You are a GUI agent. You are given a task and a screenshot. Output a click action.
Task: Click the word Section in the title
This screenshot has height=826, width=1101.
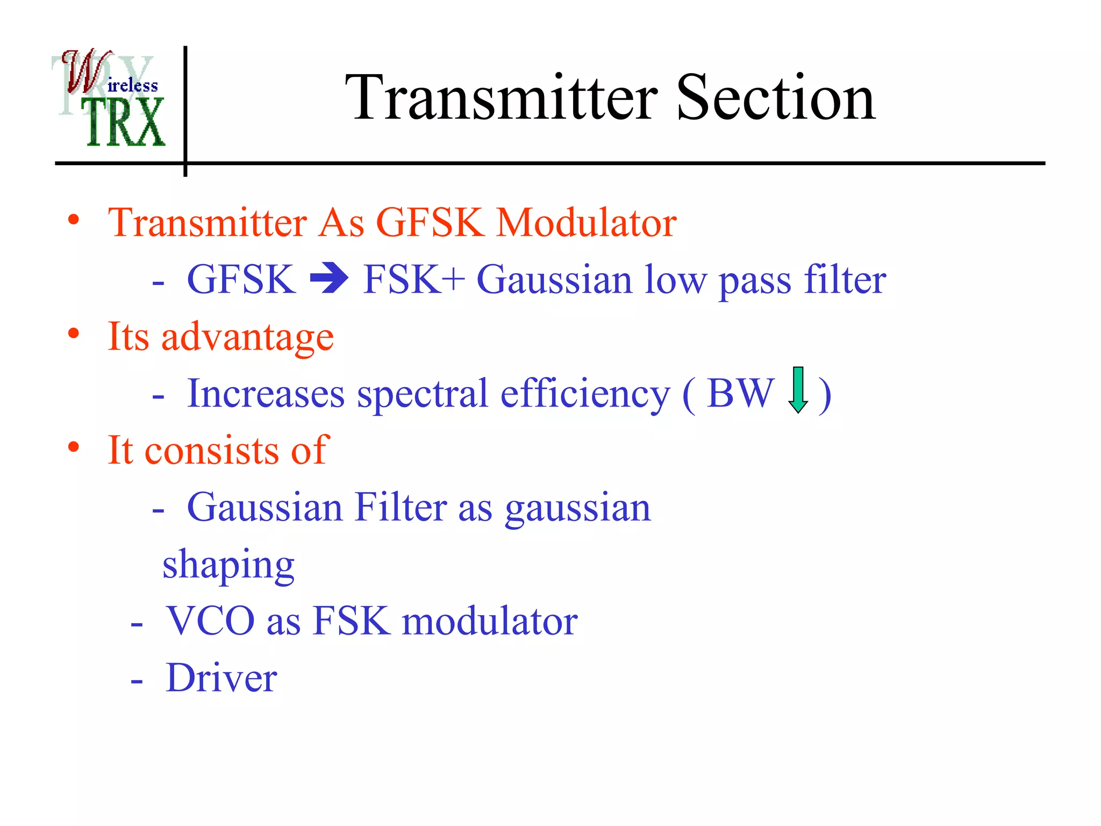click(775, 98)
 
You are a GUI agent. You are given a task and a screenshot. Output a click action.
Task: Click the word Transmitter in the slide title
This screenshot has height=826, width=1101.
click(501, 98)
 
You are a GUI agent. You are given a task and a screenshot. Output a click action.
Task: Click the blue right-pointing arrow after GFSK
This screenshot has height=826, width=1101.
click(329, 279)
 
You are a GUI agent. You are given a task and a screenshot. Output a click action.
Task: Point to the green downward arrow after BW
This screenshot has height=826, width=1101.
click(798, 390)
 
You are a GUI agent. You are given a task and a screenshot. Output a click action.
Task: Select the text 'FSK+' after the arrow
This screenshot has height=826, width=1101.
click(413, 279)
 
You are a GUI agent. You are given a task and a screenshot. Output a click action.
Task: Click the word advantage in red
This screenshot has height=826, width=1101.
click(247, 337)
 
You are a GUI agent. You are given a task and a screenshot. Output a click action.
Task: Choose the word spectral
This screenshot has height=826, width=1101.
click(423, 394)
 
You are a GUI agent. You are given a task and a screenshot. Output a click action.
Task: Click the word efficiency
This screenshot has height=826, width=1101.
click(585, 394)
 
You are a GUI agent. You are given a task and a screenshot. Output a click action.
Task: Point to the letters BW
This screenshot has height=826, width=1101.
click(740, 393)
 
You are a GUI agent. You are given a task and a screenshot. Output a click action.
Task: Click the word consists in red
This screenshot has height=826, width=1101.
click(212, 451)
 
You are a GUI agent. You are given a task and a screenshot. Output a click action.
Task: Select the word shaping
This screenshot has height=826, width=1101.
click(228, 565)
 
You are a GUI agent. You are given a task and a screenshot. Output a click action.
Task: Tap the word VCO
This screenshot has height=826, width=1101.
click(210, 621)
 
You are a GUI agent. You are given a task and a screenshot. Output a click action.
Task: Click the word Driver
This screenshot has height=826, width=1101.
click(221, 678)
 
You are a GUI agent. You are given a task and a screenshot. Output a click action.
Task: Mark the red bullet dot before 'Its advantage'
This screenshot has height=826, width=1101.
click(74, 333)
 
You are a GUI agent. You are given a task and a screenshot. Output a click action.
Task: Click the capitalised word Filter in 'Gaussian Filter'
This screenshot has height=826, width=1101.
click(401, 507)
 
